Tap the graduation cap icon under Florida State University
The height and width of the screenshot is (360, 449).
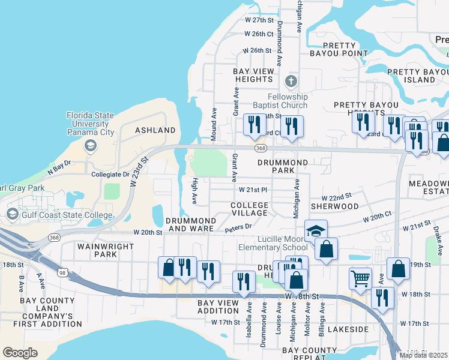click(x=90, y=145)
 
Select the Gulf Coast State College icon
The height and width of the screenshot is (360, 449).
click(x=12, y=214)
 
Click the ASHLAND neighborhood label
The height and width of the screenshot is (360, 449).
click(x=155, y=130)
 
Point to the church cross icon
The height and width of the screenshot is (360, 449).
click(x=291, y=81)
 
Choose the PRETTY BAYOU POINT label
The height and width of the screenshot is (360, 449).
click(x=345, y=49)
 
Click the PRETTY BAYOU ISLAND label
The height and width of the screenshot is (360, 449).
click(x=411, y=76)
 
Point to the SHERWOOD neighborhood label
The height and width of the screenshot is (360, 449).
click(x=334, y=206)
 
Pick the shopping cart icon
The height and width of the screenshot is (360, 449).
click(x=360, y=277)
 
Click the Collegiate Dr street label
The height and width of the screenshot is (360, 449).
click(x=110, y=174)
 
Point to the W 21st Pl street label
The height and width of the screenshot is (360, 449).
click(x=252, y=190)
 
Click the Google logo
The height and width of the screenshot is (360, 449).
click(x=20, y=353)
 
